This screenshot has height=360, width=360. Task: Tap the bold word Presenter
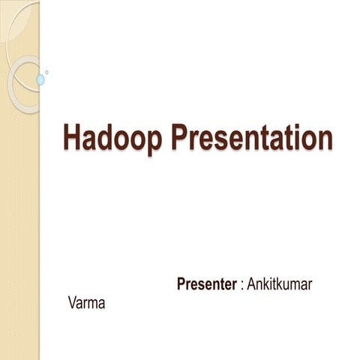tap(206, 285)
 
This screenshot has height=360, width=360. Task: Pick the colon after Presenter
tap(241, 286)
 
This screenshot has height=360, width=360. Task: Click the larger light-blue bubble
tap(40, 79)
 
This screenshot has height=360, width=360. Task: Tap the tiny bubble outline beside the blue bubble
tap(47, 72)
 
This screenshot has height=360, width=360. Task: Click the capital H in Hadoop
tap(73, 139)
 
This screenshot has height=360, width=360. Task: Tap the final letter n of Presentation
tap(323, 140)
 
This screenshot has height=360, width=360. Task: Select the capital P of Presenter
tap(181, 285)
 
